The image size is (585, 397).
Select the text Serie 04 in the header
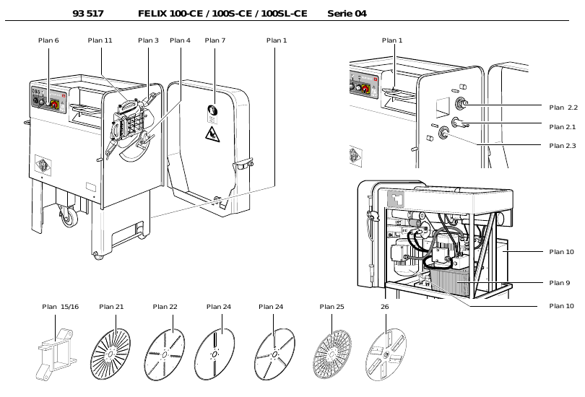pos(347,13)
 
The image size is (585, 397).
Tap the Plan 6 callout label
pos(48,40)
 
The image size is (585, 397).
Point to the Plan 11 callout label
pos(100,40)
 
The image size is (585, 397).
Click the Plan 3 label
pos(148,40)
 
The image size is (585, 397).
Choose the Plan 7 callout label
pos(215,40)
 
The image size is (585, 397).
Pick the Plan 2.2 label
pos(563,107)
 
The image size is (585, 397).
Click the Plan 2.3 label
pos(563,146)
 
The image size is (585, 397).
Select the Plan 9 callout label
pos(559,282)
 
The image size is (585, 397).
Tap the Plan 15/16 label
pos(60,307)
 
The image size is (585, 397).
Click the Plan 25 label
pos(331,307)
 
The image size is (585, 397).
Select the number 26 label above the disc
pos(384,307)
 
